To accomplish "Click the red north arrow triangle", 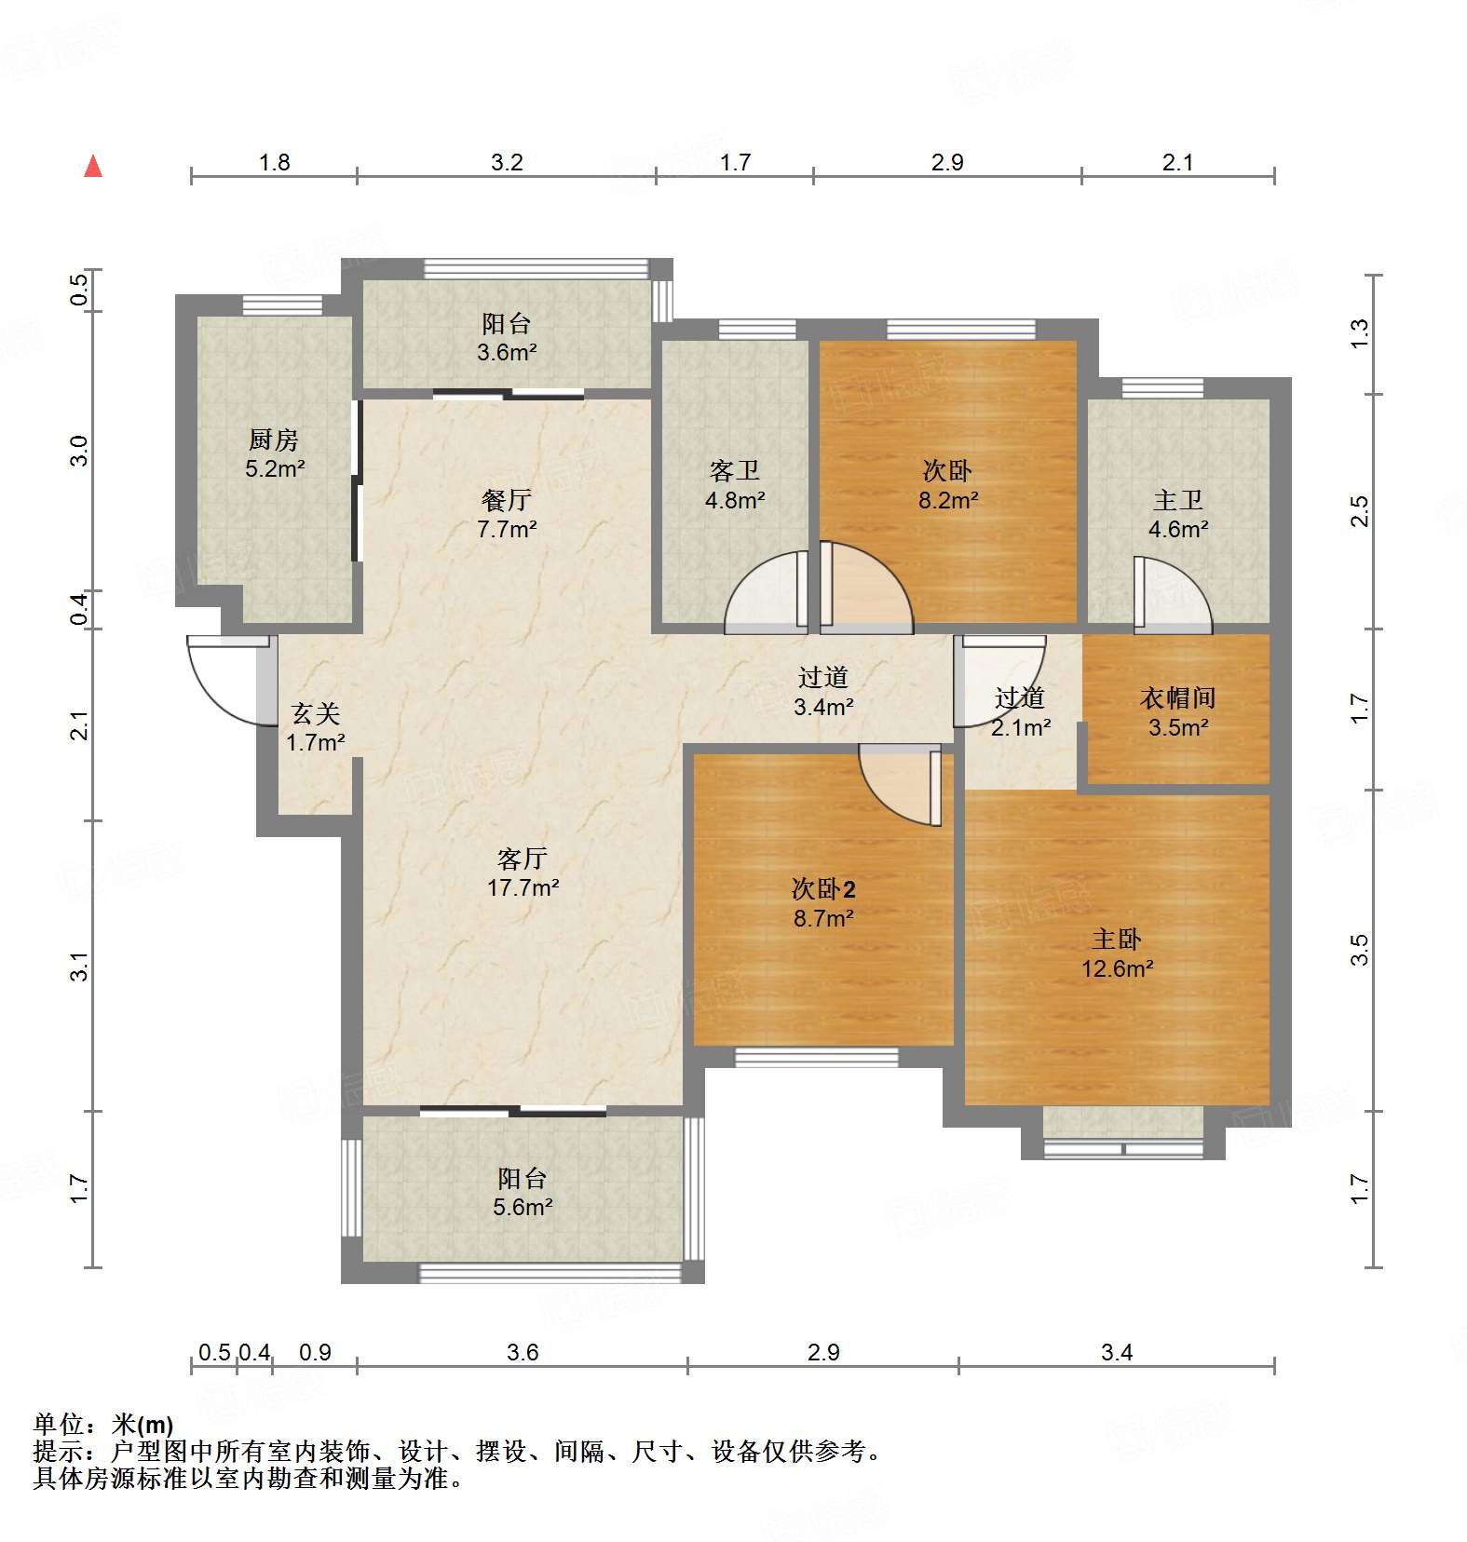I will pos(93,167).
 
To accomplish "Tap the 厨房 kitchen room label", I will pos(274,440).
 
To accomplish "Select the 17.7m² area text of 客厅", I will pos(523,887).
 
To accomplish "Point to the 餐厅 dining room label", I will pos(506,500).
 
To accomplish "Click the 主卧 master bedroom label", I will pos(1117,939).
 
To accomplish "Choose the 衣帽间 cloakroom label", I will pos(1177,697).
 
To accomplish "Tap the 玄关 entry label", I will pos(316,713).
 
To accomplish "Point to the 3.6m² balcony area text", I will pos(507,353).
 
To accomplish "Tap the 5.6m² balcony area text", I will pos(523,1208).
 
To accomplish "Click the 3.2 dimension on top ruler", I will pos(507,163).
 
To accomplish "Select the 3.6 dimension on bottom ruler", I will pos(523,1352).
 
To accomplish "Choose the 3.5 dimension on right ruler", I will pos(1359,949).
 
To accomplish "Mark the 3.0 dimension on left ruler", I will pos(80,451).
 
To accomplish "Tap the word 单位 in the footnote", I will pos(59,1425).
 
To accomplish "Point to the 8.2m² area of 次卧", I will pos(948,500).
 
